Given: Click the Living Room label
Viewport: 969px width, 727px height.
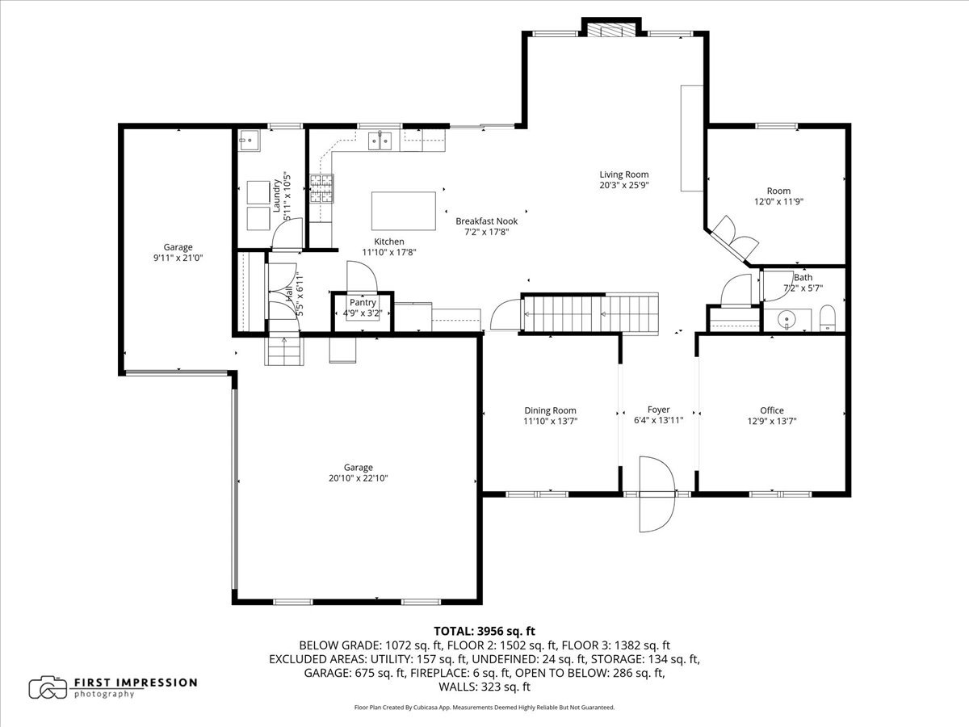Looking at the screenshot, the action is point(623,174).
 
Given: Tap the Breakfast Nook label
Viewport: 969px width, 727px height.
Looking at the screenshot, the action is point(486,221).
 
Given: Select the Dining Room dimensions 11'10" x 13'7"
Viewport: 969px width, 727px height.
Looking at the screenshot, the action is point(551,421).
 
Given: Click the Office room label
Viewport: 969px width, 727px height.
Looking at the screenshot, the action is point(772,410).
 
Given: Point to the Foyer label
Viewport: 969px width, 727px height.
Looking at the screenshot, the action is point(659,410).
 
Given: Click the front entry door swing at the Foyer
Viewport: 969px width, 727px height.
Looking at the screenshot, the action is point(657,494).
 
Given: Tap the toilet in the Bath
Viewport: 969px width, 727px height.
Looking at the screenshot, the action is point(828,317).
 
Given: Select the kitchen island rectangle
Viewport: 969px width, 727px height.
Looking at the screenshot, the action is point(404,211).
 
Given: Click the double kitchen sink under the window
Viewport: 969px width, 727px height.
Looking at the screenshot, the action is point(380,141).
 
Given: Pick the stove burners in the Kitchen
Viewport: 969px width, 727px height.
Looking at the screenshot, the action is point(321,188).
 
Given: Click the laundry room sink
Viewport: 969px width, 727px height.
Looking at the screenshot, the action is point(249,141).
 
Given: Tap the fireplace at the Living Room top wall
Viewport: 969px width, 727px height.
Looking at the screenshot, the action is point(611,30).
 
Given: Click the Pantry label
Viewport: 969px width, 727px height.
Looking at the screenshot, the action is point(363,303).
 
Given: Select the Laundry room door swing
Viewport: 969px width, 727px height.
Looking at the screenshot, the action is point(287,233).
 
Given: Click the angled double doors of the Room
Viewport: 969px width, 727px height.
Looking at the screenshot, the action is point(734,238).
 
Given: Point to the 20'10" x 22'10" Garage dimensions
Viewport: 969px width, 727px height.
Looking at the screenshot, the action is point(358,478).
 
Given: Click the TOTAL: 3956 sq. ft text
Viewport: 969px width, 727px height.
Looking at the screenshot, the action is point(484,631).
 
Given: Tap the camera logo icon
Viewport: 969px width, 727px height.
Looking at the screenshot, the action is point(48,687).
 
